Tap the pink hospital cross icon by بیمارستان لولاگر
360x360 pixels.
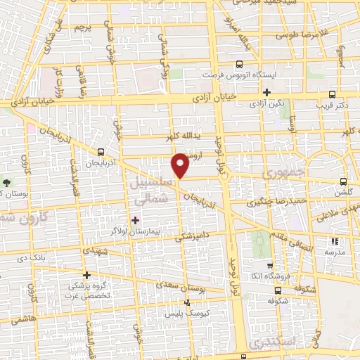point(135,220)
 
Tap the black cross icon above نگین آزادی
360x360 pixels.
point(266,92)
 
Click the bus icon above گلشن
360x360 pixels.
point(344,181)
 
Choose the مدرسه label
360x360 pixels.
point(332,252)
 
